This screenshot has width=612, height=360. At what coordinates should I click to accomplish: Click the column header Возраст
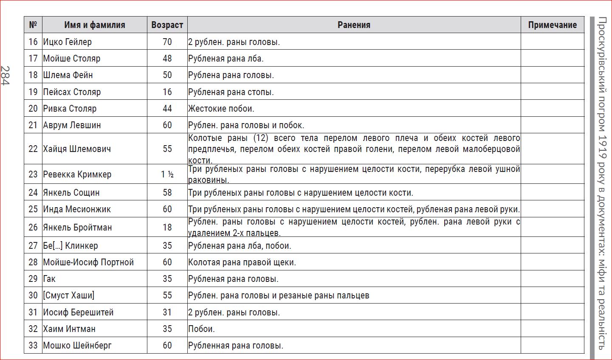[x=167, y=25]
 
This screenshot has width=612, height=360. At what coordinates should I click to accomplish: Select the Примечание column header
[x=552, y=25]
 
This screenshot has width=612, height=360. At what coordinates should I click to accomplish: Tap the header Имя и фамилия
[x=95, y=25]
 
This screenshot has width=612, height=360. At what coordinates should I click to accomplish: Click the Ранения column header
[x=354, y=25]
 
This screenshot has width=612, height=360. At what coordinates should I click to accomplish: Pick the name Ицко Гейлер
[x=67, y=42]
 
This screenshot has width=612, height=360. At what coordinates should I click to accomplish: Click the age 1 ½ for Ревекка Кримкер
[x=167, y=174]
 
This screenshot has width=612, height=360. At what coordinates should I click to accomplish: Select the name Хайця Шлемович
[x=77, y=149]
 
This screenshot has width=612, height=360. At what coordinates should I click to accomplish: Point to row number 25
[x=33, y=209]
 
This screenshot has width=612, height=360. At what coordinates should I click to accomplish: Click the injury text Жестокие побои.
[x=221, y=109]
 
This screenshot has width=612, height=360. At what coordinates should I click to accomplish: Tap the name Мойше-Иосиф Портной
[x=88, y=262]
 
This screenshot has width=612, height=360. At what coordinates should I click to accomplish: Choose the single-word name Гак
[x=49, y=279]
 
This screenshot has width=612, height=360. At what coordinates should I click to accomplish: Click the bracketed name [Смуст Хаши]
[x=68, y=295]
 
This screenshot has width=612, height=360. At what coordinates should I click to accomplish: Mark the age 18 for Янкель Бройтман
[x=167, y=228]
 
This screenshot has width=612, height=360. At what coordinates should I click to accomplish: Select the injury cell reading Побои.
[x=201, y=329]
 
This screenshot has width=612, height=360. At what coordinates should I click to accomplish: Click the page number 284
[x=5, y=76]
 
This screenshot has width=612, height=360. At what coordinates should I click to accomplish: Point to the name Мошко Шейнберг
[x=77, y=346]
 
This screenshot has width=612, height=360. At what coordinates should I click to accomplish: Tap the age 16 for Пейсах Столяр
[x=167, y=92]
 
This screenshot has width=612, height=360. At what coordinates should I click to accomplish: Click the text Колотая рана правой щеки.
[x=242, y=262]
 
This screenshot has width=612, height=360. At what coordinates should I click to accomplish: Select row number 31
[x=33, y=312]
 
